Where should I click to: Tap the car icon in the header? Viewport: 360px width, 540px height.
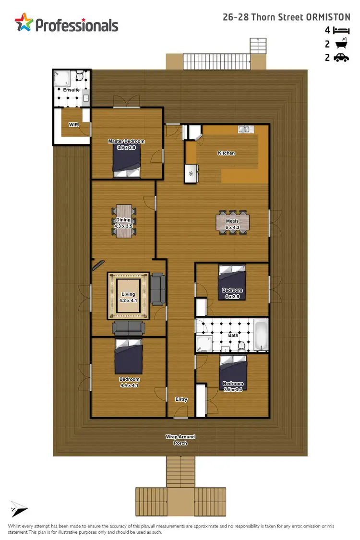tap(340, 58)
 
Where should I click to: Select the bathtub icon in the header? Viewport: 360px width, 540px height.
tap(340, 44)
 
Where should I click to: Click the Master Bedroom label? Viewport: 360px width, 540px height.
tap(126, 142)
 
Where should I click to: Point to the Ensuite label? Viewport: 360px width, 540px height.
tap(71, 90)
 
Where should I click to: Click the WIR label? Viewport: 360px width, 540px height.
tap(73, 125)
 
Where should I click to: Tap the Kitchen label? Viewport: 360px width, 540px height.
tap(227, 153)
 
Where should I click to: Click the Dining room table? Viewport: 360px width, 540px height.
tap(124, 221)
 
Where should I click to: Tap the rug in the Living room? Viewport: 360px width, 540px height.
tap(128, 296)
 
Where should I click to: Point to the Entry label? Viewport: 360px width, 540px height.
tap(181, 399)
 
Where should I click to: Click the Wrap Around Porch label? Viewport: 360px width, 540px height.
tap(180, 440)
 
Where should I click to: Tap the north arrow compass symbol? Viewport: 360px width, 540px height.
tap(19, 510)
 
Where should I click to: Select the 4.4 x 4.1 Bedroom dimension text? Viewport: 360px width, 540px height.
tap(129, 385)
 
